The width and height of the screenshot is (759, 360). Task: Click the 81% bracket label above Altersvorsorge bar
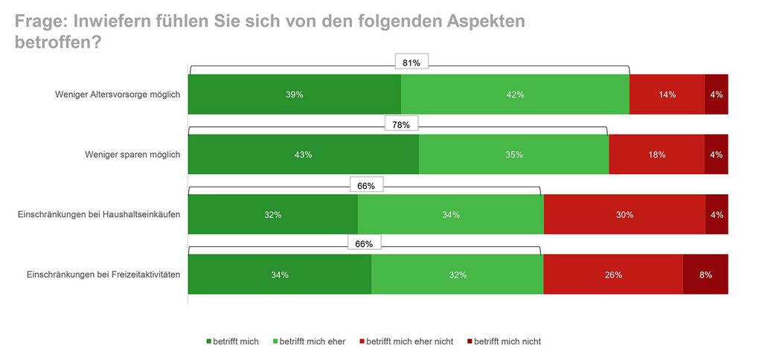(411, 63)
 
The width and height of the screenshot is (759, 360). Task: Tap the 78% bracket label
(401, 124)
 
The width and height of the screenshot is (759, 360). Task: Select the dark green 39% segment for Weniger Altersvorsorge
(295, 94)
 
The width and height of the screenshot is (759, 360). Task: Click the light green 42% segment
(515, 94)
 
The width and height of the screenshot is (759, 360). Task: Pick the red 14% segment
(667, 94)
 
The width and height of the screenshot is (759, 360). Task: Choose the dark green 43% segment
(303, 155)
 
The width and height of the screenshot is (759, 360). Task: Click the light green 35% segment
(513, 155)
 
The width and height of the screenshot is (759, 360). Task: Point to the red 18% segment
(656, 155)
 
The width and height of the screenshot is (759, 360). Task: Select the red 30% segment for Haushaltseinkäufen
(624, 215)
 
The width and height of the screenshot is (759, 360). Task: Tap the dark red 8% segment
(705, 274)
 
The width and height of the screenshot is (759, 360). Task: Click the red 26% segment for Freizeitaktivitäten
(612, 274)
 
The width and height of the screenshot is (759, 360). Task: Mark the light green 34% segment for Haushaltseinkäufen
(450, 215)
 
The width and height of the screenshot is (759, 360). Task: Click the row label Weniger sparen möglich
(133, 155)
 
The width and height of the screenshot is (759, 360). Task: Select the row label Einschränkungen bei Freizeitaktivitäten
(103, 274)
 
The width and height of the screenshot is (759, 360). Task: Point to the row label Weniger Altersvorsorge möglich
(118, 94)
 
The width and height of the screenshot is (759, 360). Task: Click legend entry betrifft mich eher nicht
(409, 341)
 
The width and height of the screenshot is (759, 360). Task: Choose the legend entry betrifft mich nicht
(507, 341)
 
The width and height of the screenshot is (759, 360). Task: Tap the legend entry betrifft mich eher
(313, 341)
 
